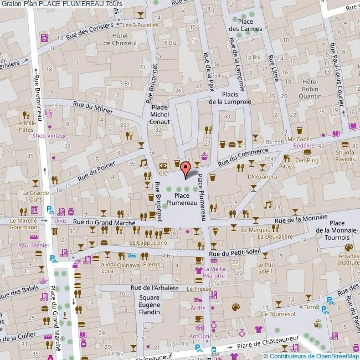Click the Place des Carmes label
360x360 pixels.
tap(241, 25)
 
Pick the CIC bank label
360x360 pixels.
tap(163, 173)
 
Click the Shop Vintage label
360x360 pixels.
tap(50, 136)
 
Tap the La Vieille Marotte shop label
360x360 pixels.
tap(214, 272)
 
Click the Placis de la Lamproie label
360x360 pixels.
tap(230, 98)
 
